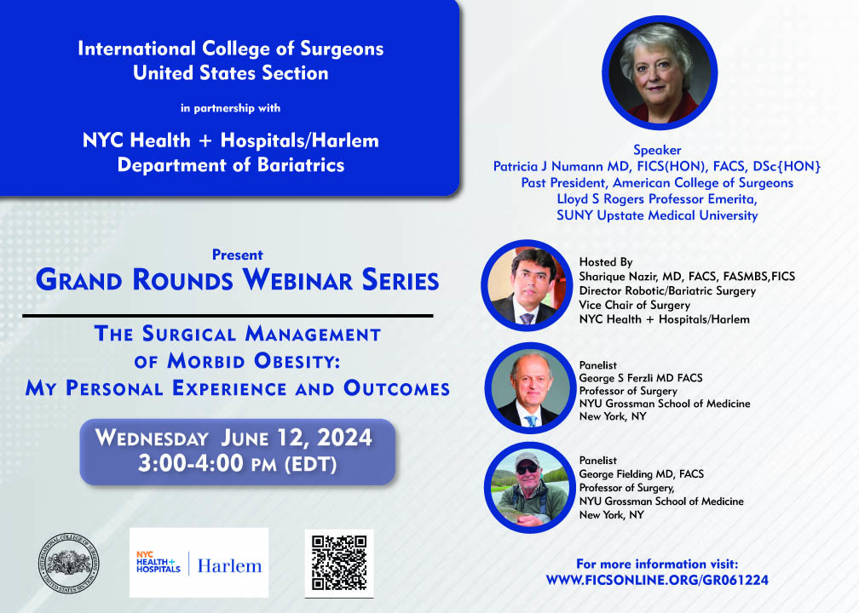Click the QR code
[339, 563]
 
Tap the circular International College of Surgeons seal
[69, 564]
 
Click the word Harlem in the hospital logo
[229, 565]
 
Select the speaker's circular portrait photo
[660, 73]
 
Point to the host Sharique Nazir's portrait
[527, 285]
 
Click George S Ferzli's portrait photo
[530, 387]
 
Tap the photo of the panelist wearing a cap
[529, 488]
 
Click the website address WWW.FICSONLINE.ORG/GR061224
[657, 580]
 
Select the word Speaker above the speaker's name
[657, 150]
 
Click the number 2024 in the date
[344, 438]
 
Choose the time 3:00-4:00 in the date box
[191, 463]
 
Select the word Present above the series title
[238, 255]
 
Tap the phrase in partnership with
[231, 108]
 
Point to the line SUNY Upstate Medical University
[657, 215]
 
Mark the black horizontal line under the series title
[228, 316]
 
